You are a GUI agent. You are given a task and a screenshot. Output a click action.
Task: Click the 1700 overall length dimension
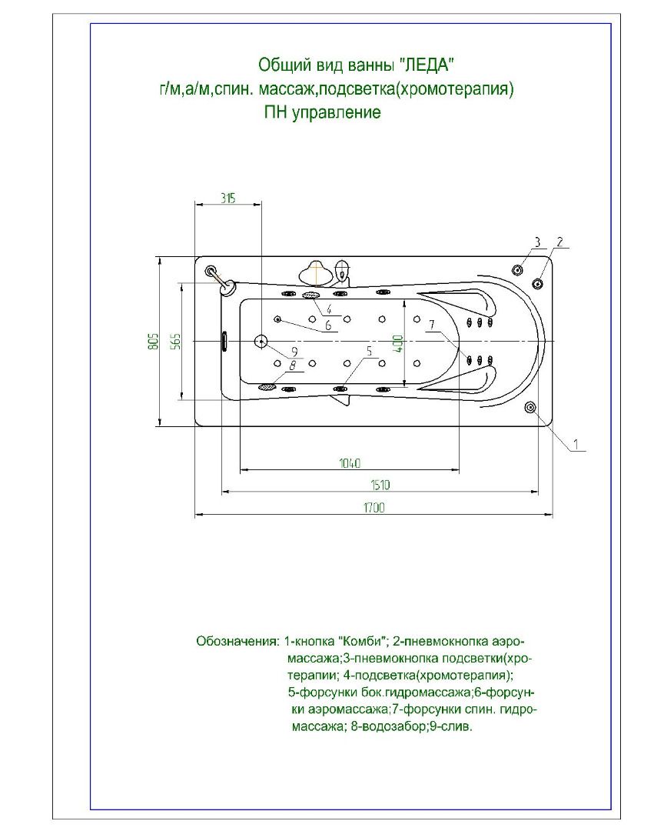pos(374,507)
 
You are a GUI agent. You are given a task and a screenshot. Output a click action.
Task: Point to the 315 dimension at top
pos(227,198)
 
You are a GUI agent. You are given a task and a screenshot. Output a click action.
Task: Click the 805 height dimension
pos(153,341)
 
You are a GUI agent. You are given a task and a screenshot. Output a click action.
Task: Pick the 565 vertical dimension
pos(175,341)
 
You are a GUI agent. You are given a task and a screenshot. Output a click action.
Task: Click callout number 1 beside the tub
pos(579,443)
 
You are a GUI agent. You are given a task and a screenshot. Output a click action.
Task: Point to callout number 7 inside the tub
pos(432,325)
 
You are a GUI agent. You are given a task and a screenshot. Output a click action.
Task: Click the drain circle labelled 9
pos(261,341)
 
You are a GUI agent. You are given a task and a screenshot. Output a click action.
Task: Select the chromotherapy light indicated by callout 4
pos(311,295)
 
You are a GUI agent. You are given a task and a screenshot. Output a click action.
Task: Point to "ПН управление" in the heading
pos(322,113)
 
